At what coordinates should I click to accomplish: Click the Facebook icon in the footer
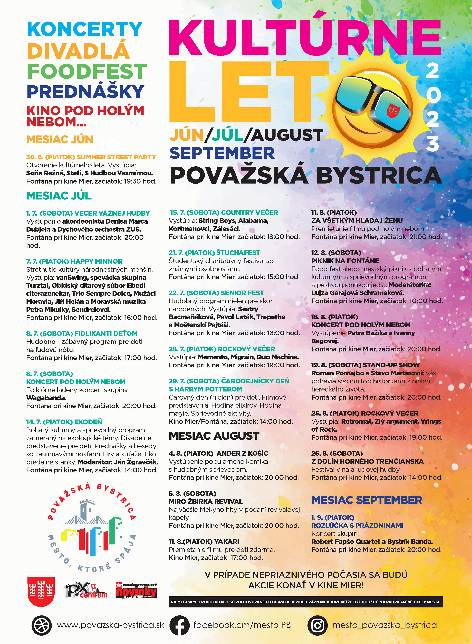[x=179, y=625]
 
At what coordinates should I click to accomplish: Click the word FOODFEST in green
[x=87, y=71]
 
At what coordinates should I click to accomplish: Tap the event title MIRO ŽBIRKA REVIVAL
[x=206, y=501]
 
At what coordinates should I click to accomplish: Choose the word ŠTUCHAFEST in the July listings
[x=238, y=253]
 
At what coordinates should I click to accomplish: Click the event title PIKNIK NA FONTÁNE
[x=345, y=261]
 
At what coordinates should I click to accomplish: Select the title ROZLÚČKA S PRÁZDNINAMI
[x=357, y=525]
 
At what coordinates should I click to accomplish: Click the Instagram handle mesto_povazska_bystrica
[x=384, y=625]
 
